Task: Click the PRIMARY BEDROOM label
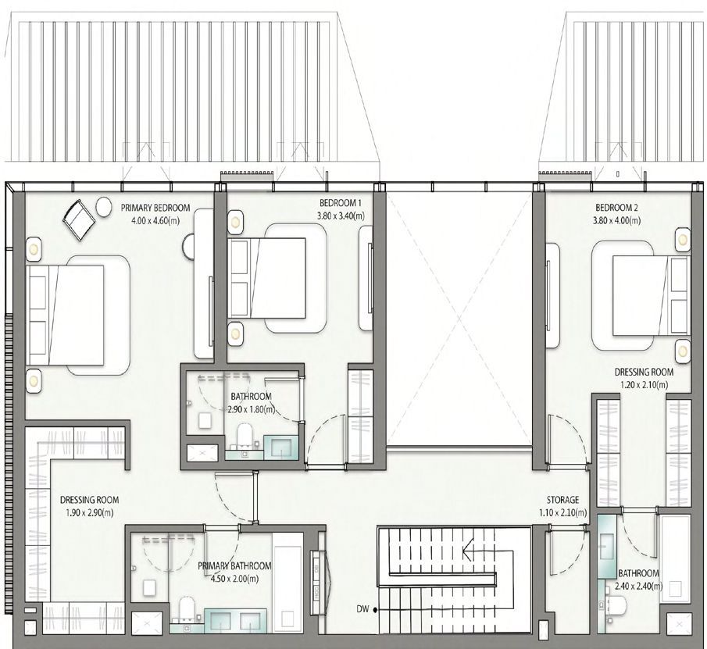click(x=155, y=209)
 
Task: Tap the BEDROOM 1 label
click(x=341, y=203)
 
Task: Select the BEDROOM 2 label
click(x=616, y=208)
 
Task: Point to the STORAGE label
click(x=562, y=500)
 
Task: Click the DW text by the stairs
click(x=362, y=609)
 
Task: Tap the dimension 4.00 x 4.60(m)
click(x=155, y=221)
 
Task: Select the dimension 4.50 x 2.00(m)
click(x=234, y=578)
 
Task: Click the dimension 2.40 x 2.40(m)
click(x=639, y=587)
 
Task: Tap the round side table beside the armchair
click(x=104, y=207)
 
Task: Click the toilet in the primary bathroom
click(x=186, y=609)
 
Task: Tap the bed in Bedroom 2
click(x=652, y=296)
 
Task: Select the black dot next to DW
click(x=375, y=610)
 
